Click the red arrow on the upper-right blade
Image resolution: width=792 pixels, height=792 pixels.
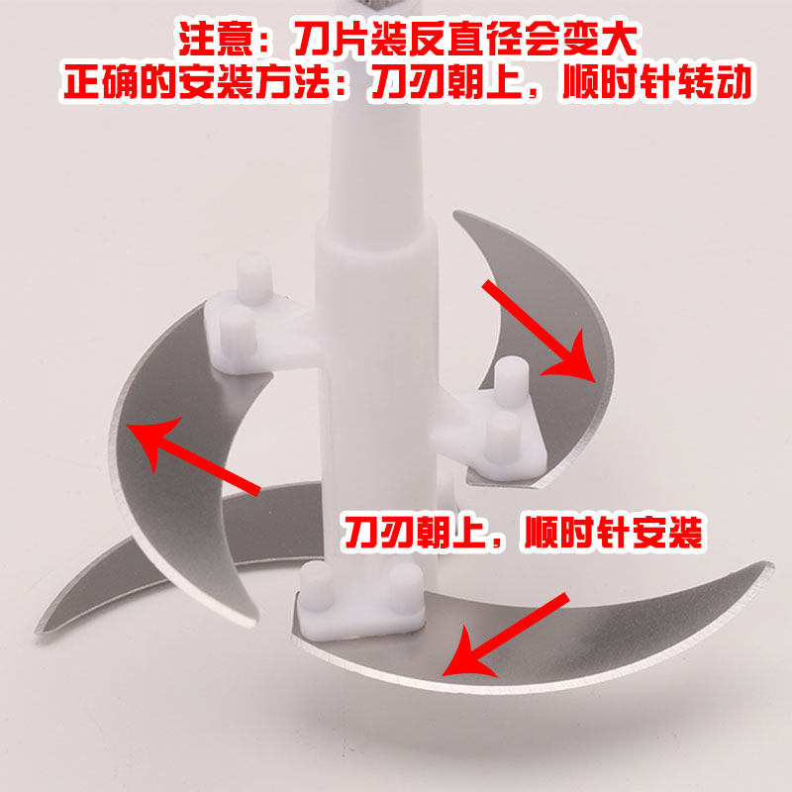tap(539, 331)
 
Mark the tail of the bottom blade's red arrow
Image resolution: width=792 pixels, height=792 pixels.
tap(560, 601)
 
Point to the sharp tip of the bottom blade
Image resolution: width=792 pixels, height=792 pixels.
tap(771, 566)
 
